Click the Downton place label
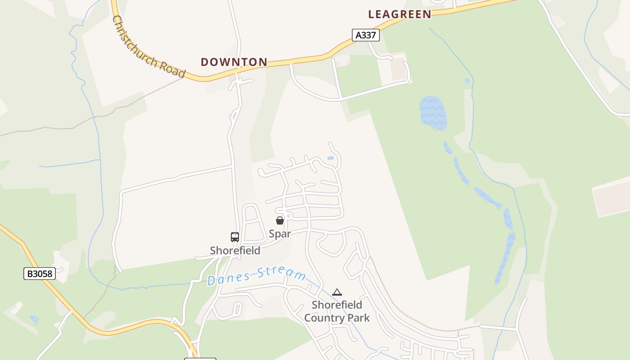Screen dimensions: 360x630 pos(234,62)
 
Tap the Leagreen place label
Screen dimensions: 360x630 pos(400,14)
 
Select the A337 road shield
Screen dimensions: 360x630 pos(365,35)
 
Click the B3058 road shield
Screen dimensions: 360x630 pos(40,273)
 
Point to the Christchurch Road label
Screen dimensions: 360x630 pos(148,47)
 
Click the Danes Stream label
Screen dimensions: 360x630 pos(256,275)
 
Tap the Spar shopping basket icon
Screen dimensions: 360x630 pos(280,220)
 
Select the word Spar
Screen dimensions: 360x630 pos(280,234)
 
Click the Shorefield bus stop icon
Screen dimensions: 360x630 pos(235,237)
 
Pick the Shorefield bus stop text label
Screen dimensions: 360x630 pos(235,250)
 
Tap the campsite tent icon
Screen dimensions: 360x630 pos(337,292)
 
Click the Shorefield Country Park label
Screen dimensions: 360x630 pos(337,311)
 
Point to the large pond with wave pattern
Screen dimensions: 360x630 pos(433,112)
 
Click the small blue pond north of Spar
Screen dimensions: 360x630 pos(331,158)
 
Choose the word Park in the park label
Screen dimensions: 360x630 pos(358,318)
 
